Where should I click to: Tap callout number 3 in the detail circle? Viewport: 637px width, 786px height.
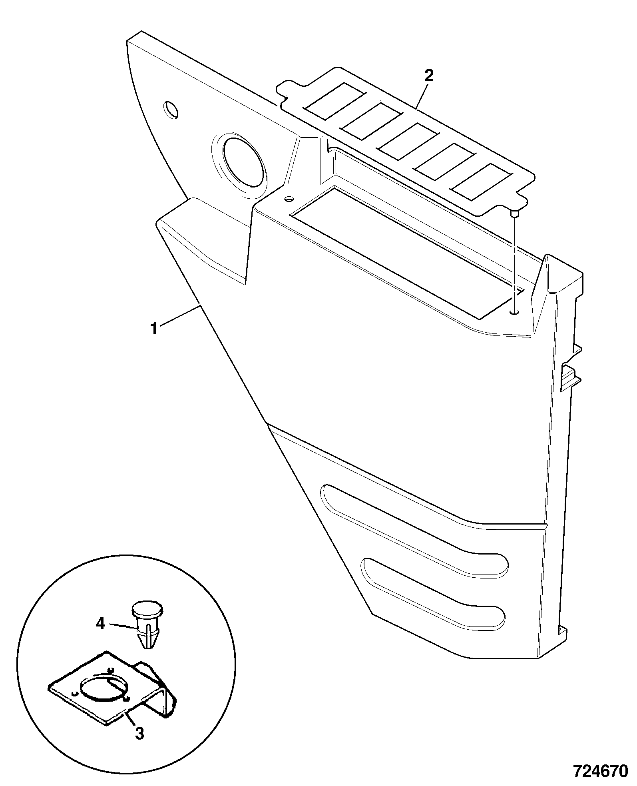click(x=139, y=733)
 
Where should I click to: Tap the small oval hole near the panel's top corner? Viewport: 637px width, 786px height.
click(x=171, y=110)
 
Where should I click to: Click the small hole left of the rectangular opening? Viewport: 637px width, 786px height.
click(x=289, y=198)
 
